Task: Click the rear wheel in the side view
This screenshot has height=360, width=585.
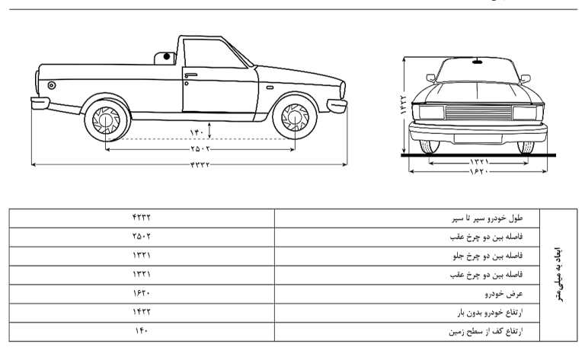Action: tap(106, 119)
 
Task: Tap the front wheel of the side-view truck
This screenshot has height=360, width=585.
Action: tap(295, 117)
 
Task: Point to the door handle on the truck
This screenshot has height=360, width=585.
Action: tap(190, 75)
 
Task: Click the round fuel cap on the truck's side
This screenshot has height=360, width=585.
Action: tap(52, 85)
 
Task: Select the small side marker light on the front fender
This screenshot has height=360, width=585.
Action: tap(270, 88)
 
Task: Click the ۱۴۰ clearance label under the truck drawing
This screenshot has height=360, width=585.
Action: tap(197, 132)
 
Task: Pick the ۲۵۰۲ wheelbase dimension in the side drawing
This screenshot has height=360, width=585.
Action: tap(200, 149)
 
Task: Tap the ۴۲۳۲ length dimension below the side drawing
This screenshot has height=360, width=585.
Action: tap(200, 164)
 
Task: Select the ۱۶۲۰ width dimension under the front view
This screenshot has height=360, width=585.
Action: tap(479, 172)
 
